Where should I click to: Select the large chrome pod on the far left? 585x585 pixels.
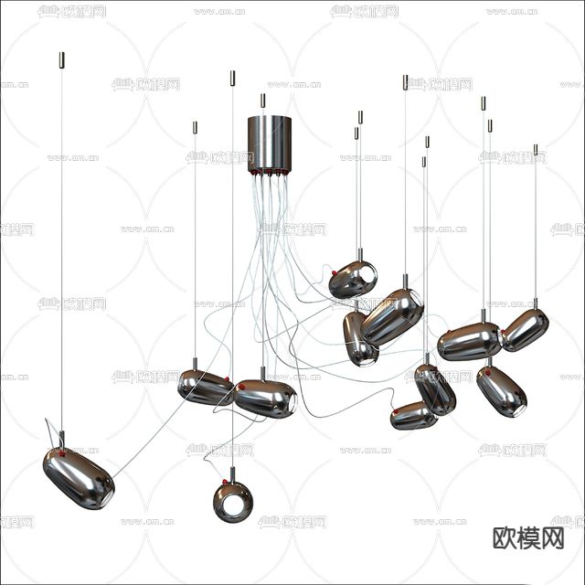(78, 477)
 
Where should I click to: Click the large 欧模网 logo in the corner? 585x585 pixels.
(528, 537)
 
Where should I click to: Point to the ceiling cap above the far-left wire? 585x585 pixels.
(62, 60)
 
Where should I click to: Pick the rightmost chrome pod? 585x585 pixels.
(525, 329)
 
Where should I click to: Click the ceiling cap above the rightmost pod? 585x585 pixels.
(536, 150)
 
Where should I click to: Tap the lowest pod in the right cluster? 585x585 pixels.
(413, 417)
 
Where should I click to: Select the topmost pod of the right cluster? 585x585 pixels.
(353, 279)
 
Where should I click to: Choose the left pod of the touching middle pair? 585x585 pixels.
(205, 387)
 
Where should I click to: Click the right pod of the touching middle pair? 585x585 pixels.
(265, 399)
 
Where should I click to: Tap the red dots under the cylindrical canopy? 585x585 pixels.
(270, 171)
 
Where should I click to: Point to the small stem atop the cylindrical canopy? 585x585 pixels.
(262, 101)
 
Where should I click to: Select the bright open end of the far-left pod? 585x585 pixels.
(104, 491)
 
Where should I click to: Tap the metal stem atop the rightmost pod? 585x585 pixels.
(536, 303)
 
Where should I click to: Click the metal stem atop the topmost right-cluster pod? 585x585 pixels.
(359, 255)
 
